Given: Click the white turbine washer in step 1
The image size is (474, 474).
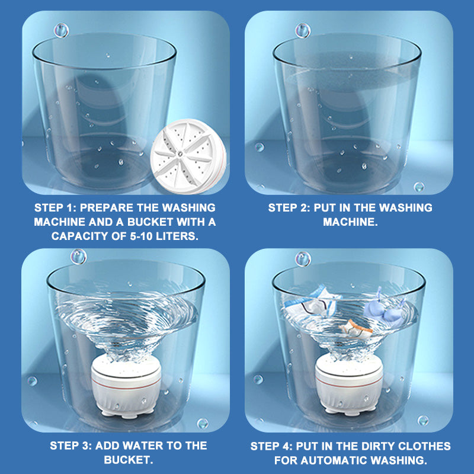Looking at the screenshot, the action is pyautogui.click(x=188, y=156).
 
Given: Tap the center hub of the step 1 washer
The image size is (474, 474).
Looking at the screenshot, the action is pyautogui.click(x=180, y=153).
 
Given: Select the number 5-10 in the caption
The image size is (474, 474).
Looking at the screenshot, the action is pyautogui.click(x=141, y=236).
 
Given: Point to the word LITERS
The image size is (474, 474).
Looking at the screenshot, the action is pyautogui.click(x=177, y=236).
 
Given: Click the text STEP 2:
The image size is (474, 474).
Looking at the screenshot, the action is pyautogui.click(x=289, y=208).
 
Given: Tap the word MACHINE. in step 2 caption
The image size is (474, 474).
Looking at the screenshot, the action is pyautogui.click(x=350, y=222).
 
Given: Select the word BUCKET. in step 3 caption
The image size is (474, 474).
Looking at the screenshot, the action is pyautogui.click(x=129, y=460).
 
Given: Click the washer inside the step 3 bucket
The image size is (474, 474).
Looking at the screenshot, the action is pyautogui.click(x=126, y=386).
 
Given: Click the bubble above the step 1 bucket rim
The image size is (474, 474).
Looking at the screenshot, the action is pyautogui.click(x=62, y=31).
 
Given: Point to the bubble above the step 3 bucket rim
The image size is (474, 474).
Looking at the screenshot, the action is pyautogui.click(x=79, y=257).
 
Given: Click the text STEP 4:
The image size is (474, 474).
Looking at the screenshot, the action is pyautogui.click(x=272, y=446).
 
